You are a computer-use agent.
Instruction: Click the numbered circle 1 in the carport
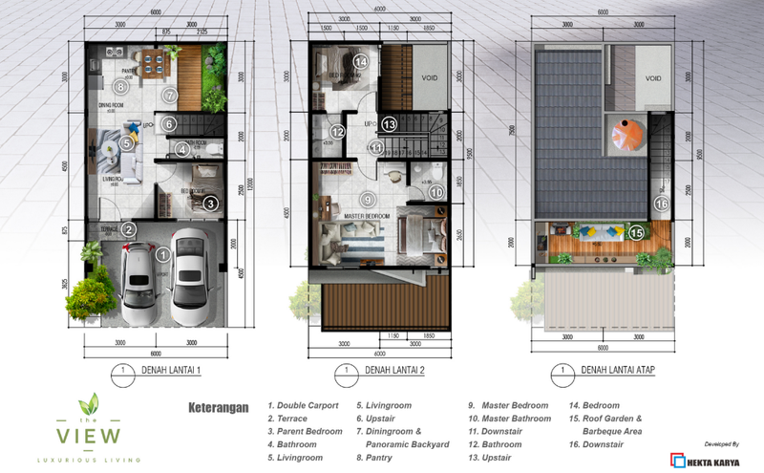pyautogui.click(x=163, y=254)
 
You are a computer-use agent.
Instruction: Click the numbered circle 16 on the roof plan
pyautogui.click(x=661, y=202)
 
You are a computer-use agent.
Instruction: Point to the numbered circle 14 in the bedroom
pyautogui.click(x=360, y=62)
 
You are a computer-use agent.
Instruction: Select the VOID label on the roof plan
pyautogui.click(x=653, y=79)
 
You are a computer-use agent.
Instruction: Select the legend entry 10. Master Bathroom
pyautogui.click(x=508, y=419)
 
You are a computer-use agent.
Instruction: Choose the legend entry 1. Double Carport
pyautogui.click(x=306, y=405)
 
